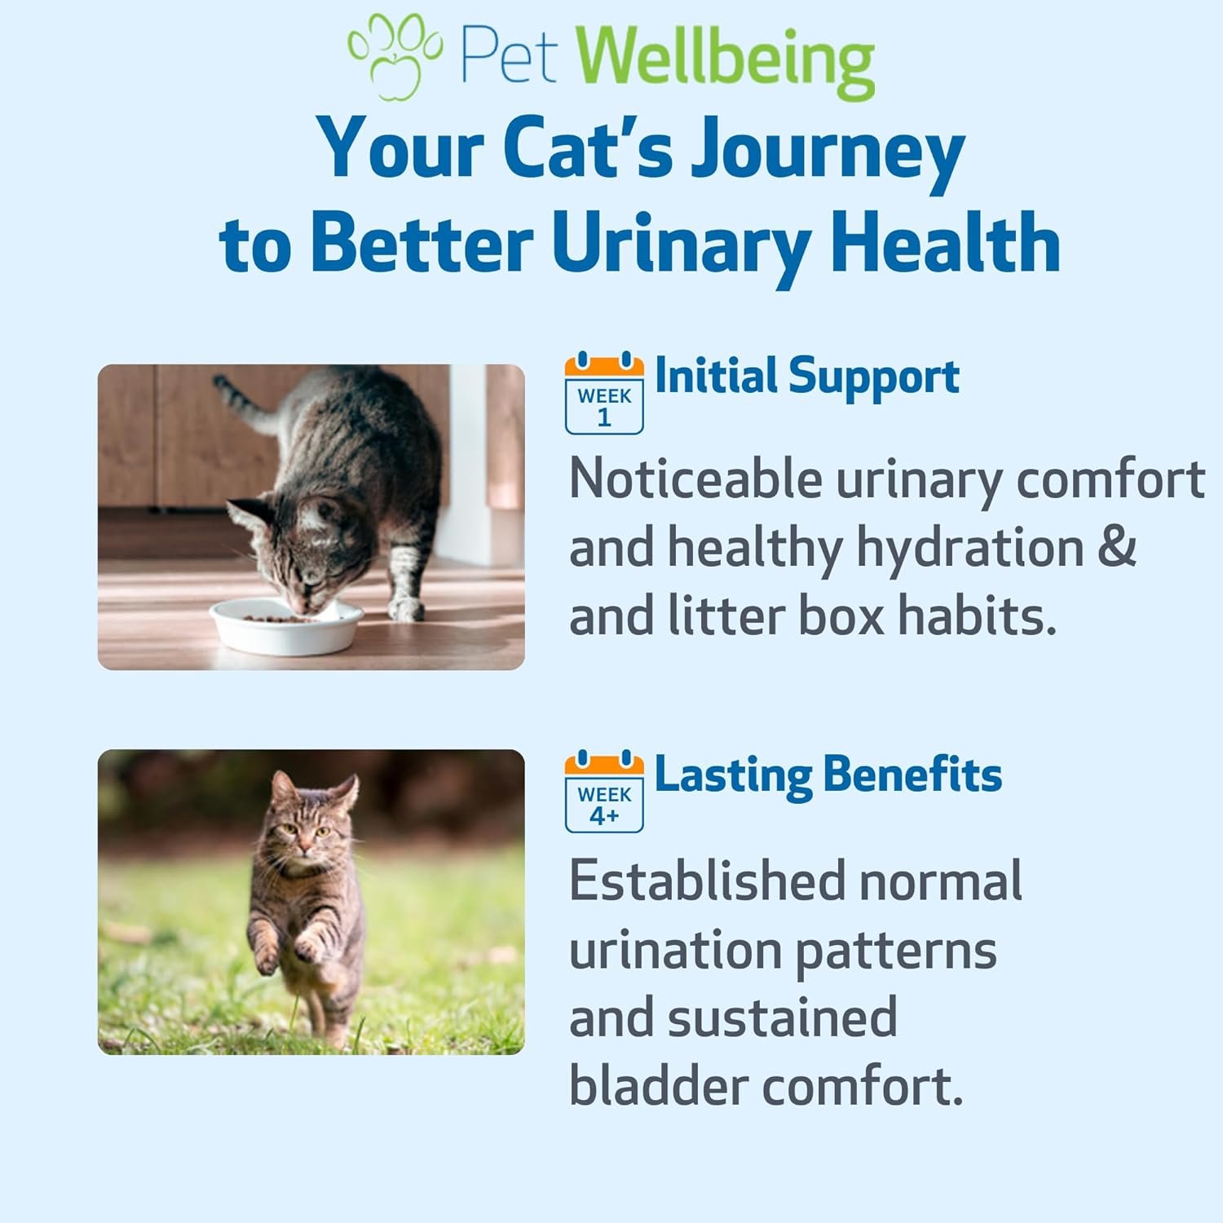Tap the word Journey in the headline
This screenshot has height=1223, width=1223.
click(x=828, y=151)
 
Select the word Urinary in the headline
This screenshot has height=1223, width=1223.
click(x=681, y=243)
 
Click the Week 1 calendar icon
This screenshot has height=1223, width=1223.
click(x=604, y=393)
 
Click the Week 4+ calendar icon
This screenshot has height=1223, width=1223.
click(x=604, y=791)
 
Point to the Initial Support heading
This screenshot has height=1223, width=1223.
click(x=807, y=377)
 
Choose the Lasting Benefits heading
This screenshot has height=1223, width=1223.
click(x=828, y=775)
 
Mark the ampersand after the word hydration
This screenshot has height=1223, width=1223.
click(x=1116, y=547)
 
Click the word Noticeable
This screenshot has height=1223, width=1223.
click(x=695, y=479)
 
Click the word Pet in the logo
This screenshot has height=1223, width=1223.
click(x=509, y=57)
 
